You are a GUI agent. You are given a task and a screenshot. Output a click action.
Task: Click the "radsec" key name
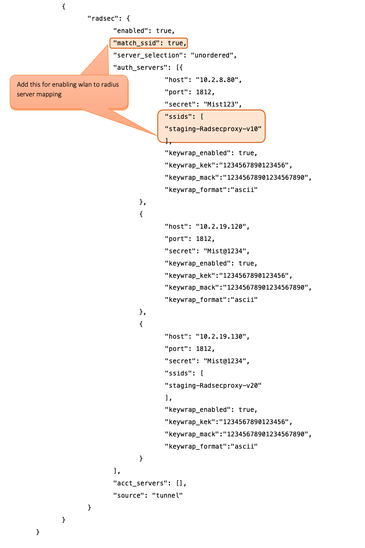pyautogui.click(x=103, y=19)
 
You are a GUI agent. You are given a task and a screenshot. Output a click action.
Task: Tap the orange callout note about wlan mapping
pyautogui.click(x=69, y=91)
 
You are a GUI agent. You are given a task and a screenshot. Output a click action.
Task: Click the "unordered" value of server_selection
pyautogui.click(x=214, y=55)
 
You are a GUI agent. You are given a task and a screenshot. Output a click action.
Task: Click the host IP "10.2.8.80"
pyautogui.click(x=218, y=79)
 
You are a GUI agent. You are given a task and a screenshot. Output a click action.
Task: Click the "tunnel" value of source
pyautogui.click(x=167, y=495)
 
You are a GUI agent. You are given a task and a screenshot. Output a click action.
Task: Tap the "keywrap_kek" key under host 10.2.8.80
pyautogui.click(x=190, y=165)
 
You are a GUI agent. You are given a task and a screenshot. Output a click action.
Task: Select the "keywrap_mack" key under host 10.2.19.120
pyautogui.click(x=192, y=288)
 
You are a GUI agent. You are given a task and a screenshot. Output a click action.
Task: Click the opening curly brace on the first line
pyautogui.click(x=63, y=6)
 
